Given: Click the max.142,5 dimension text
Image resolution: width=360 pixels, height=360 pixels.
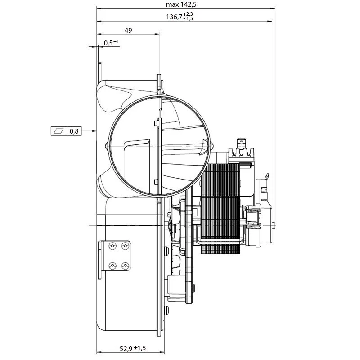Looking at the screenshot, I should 181,4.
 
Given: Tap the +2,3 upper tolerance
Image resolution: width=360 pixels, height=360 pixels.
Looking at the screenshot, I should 189,14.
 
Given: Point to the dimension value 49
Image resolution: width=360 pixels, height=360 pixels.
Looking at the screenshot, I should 128,30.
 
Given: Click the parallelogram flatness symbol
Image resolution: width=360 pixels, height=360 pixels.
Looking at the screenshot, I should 59,131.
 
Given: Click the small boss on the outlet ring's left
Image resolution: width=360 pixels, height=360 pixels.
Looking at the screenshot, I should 107,146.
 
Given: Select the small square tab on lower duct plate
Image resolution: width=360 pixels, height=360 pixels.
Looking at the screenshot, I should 156,182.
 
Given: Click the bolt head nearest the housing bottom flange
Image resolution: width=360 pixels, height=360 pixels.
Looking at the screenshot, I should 166,310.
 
